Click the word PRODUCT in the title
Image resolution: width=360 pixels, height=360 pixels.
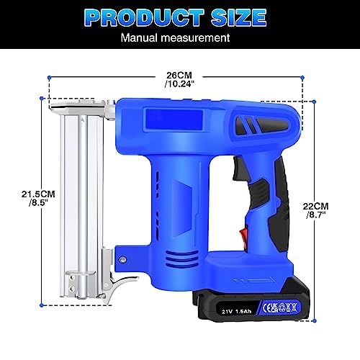(x=145, y=17)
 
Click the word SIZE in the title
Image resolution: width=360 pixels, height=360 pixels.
(x=239, y=17)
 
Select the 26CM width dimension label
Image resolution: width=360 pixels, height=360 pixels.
(x=179, y=76)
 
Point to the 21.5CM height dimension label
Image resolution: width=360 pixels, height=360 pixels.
(x=38, y=194)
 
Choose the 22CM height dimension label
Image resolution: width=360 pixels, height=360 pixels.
(x=315, y=206)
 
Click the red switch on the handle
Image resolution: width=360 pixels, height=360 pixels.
(x=243, y=235)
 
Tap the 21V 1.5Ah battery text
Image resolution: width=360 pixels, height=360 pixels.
(x=236, y=312)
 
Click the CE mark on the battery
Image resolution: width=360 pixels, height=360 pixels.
(x=268, y=308)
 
